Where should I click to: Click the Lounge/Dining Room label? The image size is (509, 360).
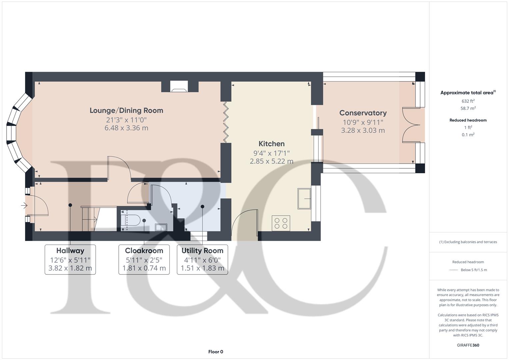(126, 110)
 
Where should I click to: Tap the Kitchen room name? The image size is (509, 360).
(271, 144)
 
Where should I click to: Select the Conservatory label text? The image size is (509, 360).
(363, 113)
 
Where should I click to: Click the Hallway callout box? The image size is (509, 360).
(70, 259)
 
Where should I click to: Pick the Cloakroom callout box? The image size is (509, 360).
(144, 259)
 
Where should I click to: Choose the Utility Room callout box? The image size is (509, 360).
(202, 259)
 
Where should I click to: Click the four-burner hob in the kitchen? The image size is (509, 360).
(281, 223)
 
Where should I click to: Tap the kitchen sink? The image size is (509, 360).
(304, 199)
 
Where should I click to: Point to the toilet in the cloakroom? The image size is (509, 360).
(130, 220)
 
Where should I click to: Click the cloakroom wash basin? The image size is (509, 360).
(161, 227)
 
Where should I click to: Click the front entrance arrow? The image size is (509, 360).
(24, 205)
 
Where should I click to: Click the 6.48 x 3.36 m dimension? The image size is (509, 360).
(126, 128)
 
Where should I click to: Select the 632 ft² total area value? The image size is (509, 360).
(468, 101)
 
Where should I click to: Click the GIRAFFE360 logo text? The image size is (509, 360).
(468, 345)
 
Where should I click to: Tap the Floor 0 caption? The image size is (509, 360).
(216, 352)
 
